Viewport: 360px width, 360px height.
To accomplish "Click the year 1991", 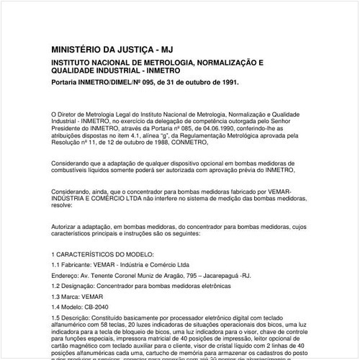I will click(x=226, y=83).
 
